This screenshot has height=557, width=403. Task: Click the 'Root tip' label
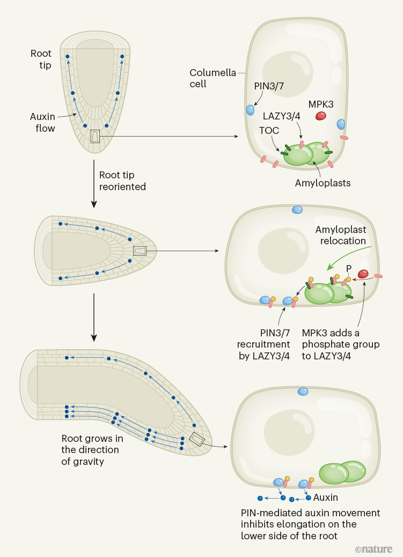pos(41,59)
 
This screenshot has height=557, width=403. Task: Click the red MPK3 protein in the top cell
pos(320,115)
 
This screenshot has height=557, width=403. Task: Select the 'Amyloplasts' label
pos(323,183)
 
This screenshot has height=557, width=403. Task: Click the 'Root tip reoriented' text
pos(122,180)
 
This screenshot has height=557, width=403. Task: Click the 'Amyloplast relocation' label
pos(341,235)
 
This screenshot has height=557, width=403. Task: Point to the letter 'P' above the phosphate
pos(348,269)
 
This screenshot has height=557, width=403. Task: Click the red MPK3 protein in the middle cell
pos(363,274)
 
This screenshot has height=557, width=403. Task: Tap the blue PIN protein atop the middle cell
pos(297,209)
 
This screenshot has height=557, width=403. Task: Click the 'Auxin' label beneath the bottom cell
pos(326,498)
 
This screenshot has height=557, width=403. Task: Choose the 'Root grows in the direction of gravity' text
pos(92,450)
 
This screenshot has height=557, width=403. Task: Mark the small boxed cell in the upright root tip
pos(95,137)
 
